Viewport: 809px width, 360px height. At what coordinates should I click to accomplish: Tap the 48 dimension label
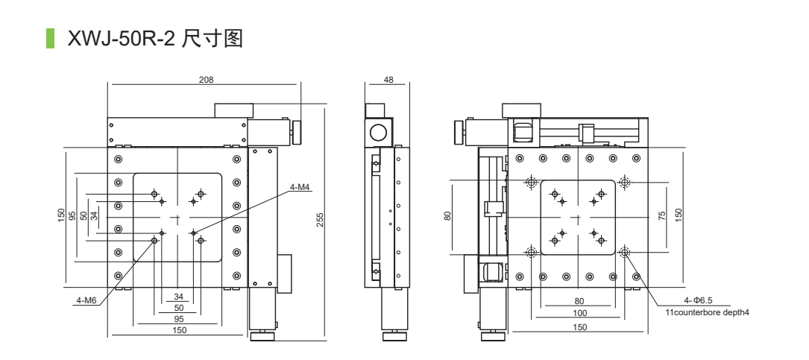click(x=388, y=80)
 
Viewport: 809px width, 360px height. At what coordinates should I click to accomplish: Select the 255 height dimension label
click(x=321, y=220)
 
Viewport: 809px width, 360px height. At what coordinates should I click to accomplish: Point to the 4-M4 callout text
click(x=299, y=186)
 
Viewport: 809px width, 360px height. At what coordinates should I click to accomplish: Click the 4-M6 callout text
click(x=86, y=301)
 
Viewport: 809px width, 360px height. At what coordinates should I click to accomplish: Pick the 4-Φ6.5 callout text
click(x=687, y=301)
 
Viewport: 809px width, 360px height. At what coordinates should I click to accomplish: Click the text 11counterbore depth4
click(x=707, y=312)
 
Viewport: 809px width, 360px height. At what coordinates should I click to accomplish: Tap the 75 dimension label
click(x=662, y=216)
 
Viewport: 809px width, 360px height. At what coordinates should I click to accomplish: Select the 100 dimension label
click(x=579, y=314)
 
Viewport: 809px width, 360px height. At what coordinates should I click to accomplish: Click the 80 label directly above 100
click(x=579, y=301)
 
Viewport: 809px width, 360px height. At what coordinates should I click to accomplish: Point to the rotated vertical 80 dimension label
click(x=448, y=216)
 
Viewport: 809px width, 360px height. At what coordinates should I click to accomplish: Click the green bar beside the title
click(x=51, y=39)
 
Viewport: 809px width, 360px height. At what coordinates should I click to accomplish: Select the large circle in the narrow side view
click(x=379, y=133)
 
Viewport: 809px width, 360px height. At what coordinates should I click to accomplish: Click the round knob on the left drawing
click(x=298, y=132)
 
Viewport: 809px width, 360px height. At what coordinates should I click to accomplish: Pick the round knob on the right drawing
click(x=457, y=132)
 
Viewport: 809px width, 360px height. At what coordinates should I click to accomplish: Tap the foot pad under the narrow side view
click(x=394, y=337)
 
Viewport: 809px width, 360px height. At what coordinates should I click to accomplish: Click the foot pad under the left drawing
click(x=262, y=337)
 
